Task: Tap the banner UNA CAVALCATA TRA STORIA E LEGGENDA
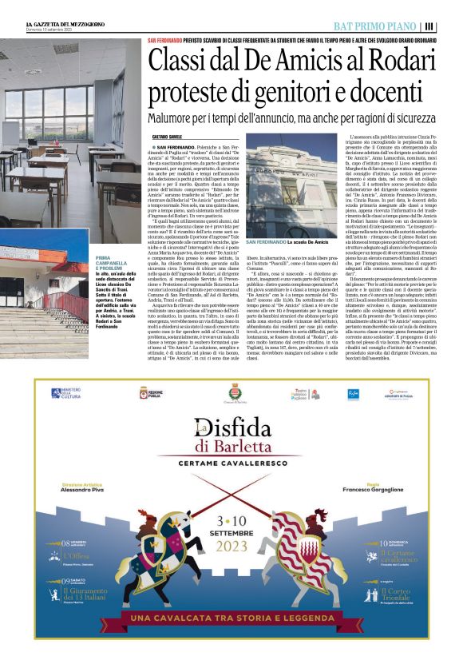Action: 231,618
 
